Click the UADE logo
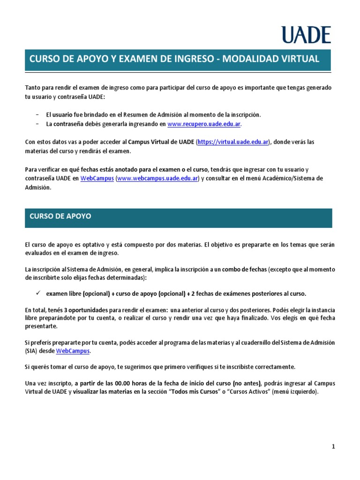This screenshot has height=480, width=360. (x=306, y=35)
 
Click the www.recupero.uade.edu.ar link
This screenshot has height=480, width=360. (x=204, y=124)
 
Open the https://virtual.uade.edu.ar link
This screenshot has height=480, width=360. (x=233, y=142)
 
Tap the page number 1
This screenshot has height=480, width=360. (x=333, y=447)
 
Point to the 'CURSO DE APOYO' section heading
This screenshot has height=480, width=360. (x=60, y=217)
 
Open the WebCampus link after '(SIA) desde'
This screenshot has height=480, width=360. (x=72, y=351)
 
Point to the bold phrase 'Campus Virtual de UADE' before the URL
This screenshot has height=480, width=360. (x=161, y=142)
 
